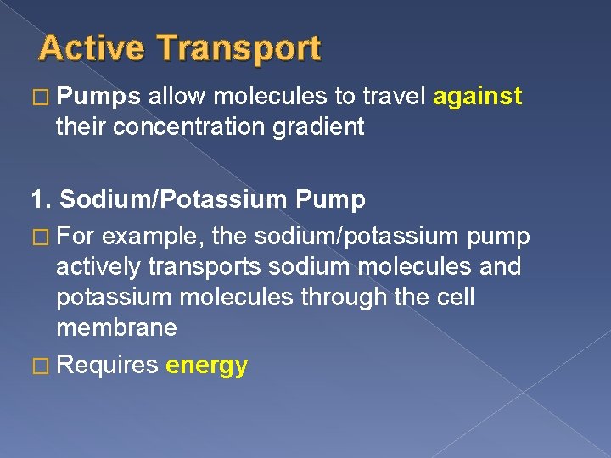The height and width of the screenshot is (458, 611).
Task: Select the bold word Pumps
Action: [x=98, y=98]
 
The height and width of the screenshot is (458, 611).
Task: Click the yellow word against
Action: [x=477, y=98]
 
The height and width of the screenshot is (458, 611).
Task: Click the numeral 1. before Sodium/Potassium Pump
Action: [x=40, y=200]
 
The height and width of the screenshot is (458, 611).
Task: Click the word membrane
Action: [x=116, y=328]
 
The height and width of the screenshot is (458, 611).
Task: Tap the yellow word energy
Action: [x=207, y=366]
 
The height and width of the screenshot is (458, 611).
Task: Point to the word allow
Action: [x=177, y=98]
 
